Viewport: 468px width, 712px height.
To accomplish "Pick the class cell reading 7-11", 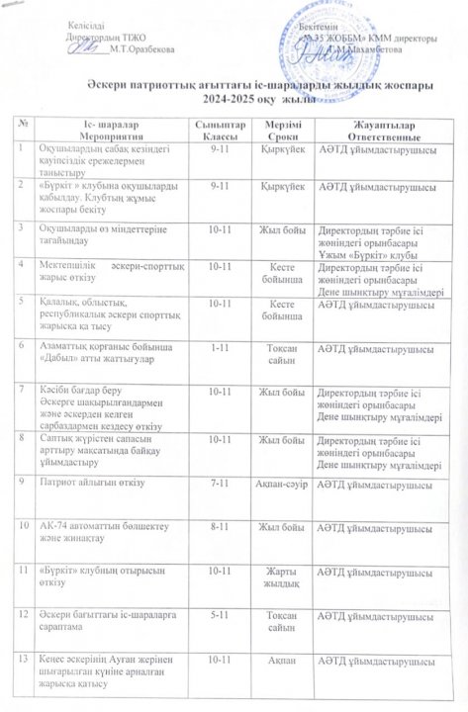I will tap(215, 484).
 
